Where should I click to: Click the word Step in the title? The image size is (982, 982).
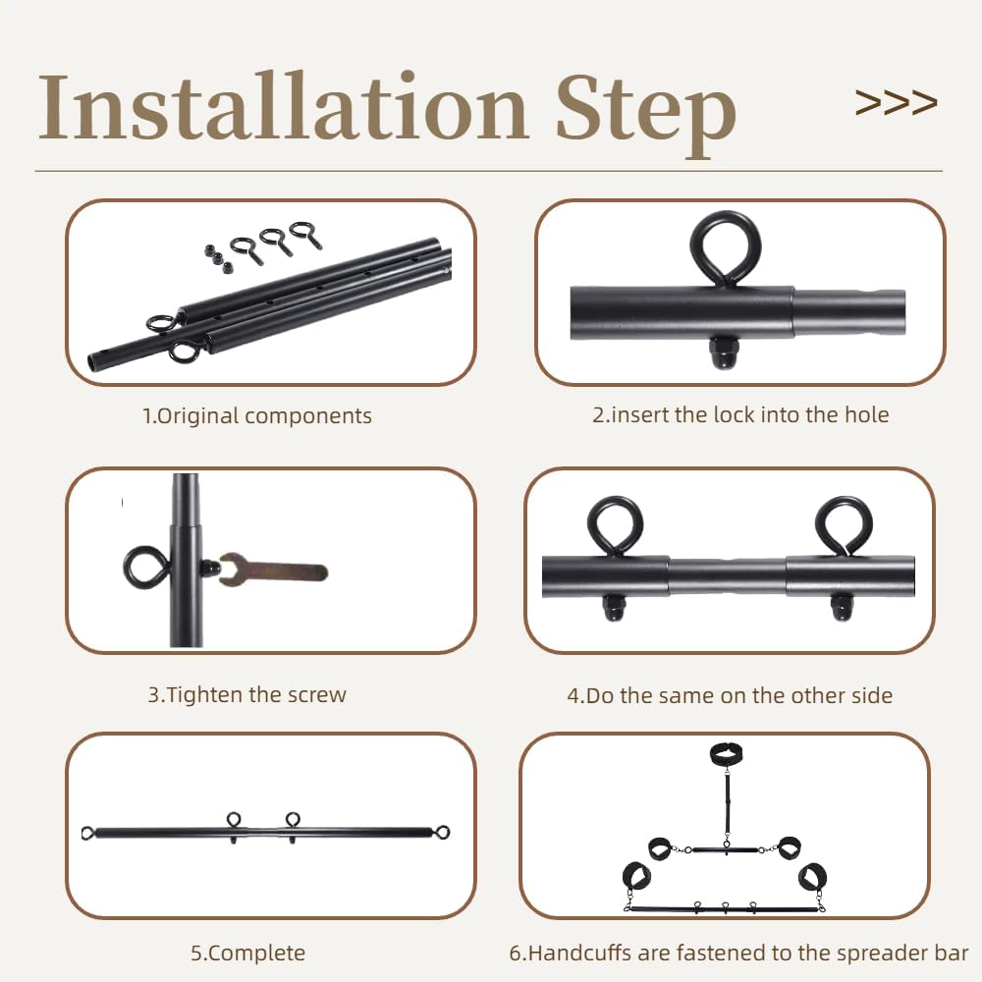click(646, 110)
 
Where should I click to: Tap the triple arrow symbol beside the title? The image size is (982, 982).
click(896, 102)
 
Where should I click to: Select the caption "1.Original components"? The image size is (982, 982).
click(257, 415)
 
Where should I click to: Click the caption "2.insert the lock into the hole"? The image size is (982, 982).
click(740, 414)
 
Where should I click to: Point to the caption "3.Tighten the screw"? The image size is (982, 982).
click(247, 695)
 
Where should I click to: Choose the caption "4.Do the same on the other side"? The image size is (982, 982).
click(730, 696)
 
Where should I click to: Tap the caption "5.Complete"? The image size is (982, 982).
click(247, 953)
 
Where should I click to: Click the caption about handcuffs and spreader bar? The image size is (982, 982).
click(738, 953)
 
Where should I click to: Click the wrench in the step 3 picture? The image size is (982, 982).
click(275, 570)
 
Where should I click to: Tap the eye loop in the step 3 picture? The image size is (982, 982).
click(144, 568)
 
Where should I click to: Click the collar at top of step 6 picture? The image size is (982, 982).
click(727, 754)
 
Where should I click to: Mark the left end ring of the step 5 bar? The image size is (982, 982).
click(88, 833)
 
